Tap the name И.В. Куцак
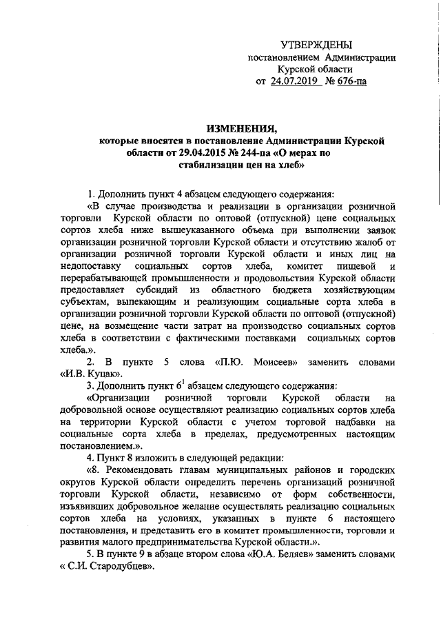click(97, 374)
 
